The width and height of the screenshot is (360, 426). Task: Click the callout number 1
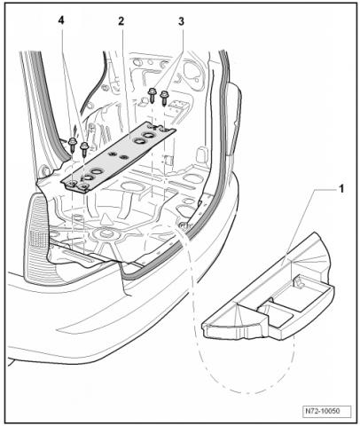pyautogui.click(x=341, y=189)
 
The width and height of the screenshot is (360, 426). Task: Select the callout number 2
pyautogui.click(x=121, y=21)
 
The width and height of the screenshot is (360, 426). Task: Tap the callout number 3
pyautogui.click(x=181, y=21)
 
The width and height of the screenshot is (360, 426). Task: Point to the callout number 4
pyautogui.click(x=61, y=21)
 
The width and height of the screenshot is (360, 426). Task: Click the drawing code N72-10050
pyautogui.click(x=326, y=411)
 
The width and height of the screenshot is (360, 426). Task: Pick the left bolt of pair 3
pyautogui.click(x=153, y=94)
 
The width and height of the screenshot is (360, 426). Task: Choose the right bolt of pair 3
pyautogui.click(x=164, y=98)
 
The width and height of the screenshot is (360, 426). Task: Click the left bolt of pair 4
pyautogui.click(x=72, y=145)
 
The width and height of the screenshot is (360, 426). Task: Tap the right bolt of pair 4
pyautogui.click(x=84, y=148)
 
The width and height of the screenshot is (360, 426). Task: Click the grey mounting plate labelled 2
pyautogui.click(x=118, y=157)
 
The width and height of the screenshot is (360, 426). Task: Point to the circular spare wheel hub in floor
pyautogui.click(x=106, y=234)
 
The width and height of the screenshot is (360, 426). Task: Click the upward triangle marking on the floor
pyautogui.click(x=104, y=220)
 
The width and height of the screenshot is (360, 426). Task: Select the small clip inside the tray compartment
pyautogui.click(x=299, y=281)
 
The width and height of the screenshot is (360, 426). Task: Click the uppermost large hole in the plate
pyautogui.click(x=148, y=135)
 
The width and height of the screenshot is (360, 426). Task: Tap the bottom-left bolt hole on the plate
pyautogui.click(x=71, y=185)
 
